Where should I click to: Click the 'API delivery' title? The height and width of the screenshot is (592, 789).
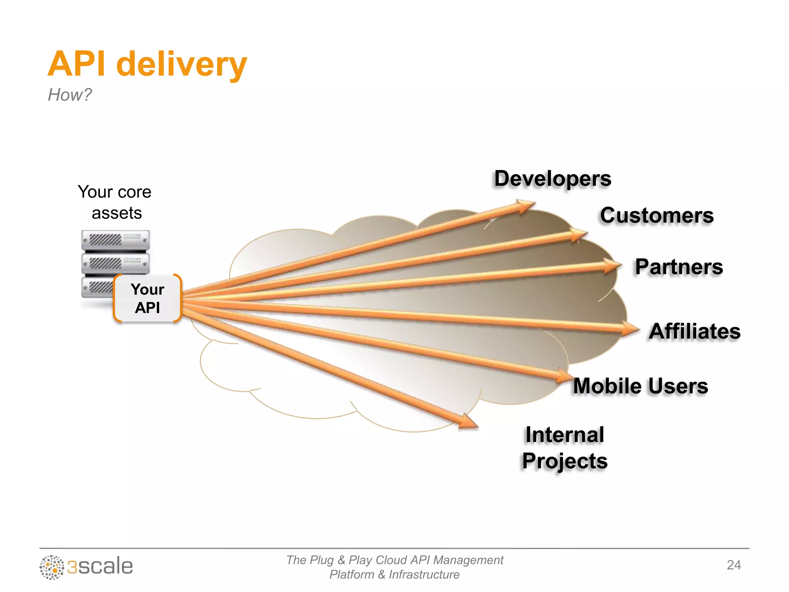click(x=147, y=64)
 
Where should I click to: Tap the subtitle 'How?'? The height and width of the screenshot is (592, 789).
click(x=70, y=95)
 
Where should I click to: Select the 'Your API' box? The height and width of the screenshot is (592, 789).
click(x=148, y=298)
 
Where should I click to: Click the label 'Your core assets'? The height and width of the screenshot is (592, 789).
click(x=115, y=202)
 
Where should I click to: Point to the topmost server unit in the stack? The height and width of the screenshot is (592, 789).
click(x=115, y=240)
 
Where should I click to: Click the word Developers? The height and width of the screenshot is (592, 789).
click(x=552, y=178)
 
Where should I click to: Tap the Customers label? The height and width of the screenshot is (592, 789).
click(x=656, y=215)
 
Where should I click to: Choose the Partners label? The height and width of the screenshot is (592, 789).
click(x=679, y=267)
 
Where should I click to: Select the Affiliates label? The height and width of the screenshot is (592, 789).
click(x=694, y=331)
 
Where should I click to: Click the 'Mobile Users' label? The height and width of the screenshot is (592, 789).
click(x=640, y=386)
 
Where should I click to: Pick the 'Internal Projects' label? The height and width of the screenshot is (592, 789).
click(x=565, y=448)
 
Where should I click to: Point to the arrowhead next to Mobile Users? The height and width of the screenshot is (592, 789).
click(x=564, y=375)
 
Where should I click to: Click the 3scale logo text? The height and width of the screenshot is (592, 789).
click(x=100, y=567)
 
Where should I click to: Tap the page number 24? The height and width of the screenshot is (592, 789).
click(x=734, y=565)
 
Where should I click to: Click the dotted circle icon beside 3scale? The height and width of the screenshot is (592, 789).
click(x=52, y=567)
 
